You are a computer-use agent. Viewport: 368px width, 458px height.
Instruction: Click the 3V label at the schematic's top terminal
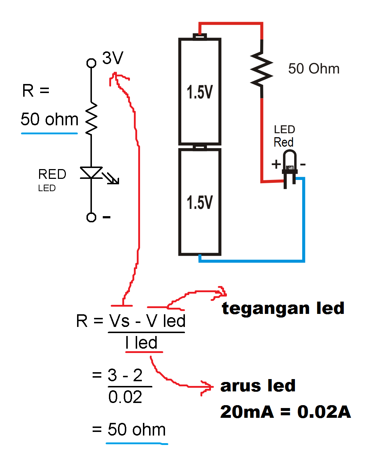click(x=113, y=58)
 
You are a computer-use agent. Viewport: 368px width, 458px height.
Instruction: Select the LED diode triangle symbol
click(x=91, y=173)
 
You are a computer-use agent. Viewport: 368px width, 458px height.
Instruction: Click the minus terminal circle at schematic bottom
click(x=91, y=217)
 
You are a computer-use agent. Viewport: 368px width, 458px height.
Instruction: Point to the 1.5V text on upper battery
click(x=200, y=92)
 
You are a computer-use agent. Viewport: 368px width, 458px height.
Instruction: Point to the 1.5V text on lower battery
click(x=200, y=202)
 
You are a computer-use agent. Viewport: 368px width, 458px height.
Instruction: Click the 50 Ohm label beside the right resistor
click(x=314, y=69)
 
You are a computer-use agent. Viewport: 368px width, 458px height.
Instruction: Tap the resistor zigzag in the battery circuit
click(x=261, y=69)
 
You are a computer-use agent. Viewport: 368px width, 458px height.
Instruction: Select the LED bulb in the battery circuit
click(x=289, y=163)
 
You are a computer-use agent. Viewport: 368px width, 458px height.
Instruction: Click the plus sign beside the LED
click(x=276, y=164)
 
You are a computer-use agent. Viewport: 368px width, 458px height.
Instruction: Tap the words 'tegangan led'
click(x=283, y=308)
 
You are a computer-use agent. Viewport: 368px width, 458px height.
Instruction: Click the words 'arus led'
click(x=258, y=386)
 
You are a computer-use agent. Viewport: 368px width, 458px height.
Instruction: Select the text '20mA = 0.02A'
click(x=285, y=412)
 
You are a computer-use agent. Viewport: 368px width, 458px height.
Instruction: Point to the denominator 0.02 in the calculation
click(x=125, y=397)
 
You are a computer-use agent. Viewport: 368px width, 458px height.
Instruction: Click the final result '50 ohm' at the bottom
click(x=136, y=430)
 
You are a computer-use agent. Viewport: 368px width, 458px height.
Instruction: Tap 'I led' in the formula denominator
click(x=141, y=343)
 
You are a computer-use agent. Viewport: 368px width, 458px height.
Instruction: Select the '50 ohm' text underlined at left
click(x=50, y=119)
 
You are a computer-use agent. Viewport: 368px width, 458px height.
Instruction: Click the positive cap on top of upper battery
click(x=200, y=36)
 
